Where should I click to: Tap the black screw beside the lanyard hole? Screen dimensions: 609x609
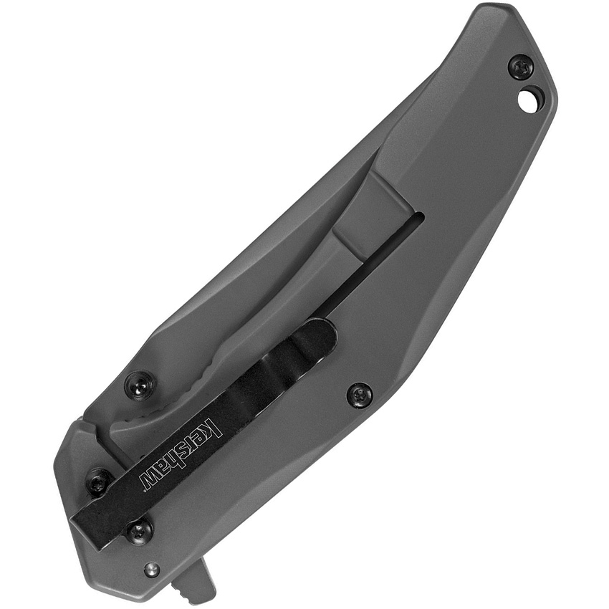[521, 67]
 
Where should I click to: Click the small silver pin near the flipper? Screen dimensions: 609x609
[151, 570]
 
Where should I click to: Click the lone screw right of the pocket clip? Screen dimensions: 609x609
[359, 395]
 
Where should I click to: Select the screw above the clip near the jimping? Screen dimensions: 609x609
[140, 386]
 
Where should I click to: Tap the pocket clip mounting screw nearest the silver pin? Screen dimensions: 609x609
[139, 531]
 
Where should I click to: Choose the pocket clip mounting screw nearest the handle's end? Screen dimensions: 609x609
[98, 481]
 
